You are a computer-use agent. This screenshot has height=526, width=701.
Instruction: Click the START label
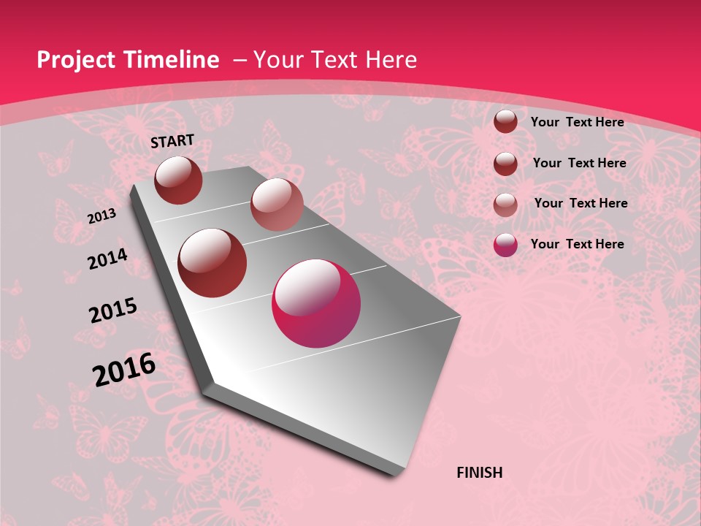[x=172, y=141]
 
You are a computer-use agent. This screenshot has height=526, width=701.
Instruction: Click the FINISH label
[x=480, y=472]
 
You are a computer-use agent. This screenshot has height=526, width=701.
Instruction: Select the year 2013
[x=101, y=216]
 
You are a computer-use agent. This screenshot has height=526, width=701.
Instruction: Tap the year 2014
[x=107, y=259]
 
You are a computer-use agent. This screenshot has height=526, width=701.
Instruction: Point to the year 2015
[x=113, y=310]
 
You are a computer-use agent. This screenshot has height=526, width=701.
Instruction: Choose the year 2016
[x=124, y=370]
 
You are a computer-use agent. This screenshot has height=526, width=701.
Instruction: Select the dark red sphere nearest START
[x=179, y=180]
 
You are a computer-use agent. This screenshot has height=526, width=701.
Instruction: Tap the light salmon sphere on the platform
[x=277, y=205]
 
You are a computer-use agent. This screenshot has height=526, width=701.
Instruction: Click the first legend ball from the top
[x=505, y=121]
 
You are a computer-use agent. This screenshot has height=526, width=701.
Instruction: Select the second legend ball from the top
[x=505, y=164]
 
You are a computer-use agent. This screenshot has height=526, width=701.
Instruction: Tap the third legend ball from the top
[x=505, y=205]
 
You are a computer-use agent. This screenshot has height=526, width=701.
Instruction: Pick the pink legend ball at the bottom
[x=505, y=245]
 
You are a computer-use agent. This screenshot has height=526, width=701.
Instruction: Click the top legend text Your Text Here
[x=577, y=122]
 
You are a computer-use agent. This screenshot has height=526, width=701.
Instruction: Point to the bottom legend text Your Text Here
[x=577, y=244]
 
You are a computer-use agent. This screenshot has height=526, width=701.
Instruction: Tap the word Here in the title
[x=391, y=60]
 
